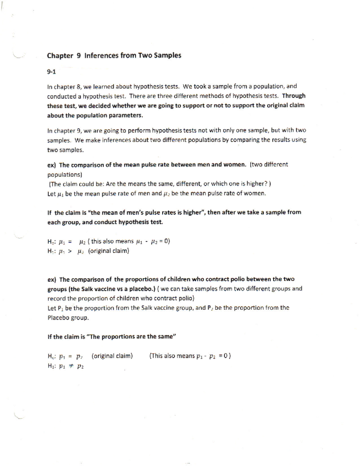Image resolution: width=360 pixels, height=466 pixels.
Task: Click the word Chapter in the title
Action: [x=60, y=56]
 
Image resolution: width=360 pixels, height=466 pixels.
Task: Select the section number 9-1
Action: [x=51, y=72]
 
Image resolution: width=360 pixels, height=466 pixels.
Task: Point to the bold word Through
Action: [x=293, y=96]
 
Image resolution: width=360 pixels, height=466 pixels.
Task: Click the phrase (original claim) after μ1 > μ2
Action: [x=109, y=251]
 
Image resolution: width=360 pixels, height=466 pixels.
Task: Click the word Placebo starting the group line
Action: [x=58, y=318]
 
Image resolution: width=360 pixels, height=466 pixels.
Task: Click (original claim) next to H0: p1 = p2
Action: [x=112, y=356]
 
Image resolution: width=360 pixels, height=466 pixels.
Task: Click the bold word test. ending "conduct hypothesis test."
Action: [x=157, y=222]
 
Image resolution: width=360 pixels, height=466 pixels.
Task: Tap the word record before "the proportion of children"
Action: [x=57, y=299]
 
